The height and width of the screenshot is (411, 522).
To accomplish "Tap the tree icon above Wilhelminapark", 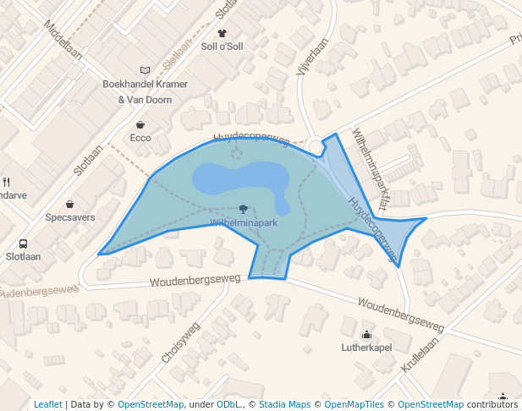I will tap(244, 209).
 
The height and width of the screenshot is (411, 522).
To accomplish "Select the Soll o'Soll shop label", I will tap(222, 46).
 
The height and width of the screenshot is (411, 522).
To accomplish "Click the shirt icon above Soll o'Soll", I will tap(222, 33).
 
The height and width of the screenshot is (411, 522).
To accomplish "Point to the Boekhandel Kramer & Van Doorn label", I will tap(145, 91).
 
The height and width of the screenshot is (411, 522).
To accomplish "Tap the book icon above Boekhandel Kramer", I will tap(145, 71).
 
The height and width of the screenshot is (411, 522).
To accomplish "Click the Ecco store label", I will tap(140, 137).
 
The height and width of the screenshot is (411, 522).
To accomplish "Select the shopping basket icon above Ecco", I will tap(140, 124).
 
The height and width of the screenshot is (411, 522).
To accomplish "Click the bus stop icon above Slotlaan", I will tap(23, 243).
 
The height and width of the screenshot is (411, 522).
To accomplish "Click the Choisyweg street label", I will tap(179, 342).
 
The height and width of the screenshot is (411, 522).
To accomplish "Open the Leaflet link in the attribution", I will tap(47, 404).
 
